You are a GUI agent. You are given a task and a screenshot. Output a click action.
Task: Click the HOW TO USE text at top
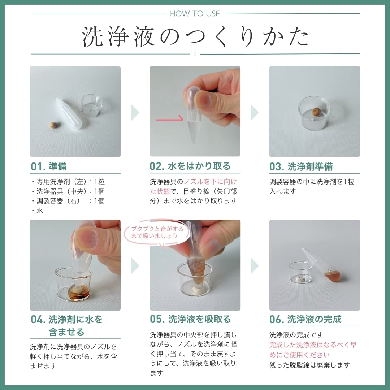pos(195,14)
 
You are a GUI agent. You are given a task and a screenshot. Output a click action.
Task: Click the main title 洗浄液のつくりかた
pos(195,36)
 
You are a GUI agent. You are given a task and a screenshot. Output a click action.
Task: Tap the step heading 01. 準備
pos(49,166)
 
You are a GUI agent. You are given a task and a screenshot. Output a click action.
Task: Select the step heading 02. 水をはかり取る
pos(190,166)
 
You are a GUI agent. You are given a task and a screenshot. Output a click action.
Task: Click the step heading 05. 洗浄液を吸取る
pos(190,319)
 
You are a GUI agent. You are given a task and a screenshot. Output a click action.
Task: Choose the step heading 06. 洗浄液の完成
pos(305,319)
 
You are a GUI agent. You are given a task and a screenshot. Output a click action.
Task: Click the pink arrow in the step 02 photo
pos(170,118)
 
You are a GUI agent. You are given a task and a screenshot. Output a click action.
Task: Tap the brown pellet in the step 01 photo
pos(53,125)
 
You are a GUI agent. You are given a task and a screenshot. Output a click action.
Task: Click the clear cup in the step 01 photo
pos(92,105)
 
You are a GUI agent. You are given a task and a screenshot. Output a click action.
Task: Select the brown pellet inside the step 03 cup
pos(317,112)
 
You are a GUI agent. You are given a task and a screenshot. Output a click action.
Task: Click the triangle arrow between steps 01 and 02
pos(135,113)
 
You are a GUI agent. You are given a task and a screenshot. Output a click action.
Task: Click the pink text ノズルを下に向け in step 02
pos(210,182)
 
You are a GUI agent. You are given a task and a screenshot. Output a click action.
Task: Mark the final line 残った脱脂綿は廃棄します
pos(309,365)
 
